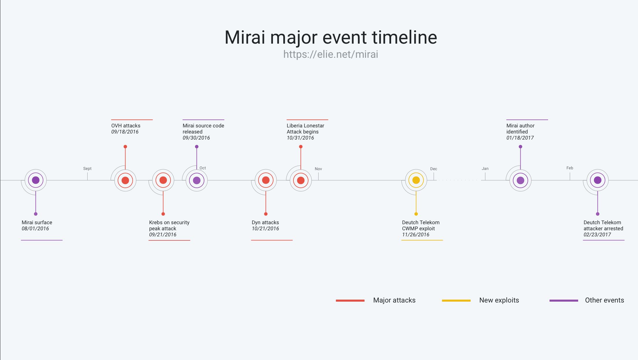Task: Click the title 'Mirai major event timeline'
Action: (x=331, y=37)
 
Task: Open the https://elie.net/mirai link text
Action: (x=331, y=54)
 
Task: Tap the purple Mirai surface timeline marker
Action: (x=36, y=180)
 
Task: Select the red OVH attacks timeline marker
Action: (x=125, y=180)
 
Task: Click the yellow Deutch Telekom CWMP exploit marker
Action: (x=416, y=180)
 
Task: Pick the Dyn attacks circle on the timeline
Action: (x=266, y=180)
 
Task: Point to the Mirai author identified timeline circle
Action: (x=520, y=180)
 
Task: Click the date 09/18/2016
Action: (x=125, y=132)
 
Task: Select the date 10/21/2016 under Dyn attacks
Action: (x=265, y=229)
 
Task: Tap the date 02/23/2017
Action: (x=597, y=235)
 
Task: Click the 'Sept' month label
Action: (x=87, y=168)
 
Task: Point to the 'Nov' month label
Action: (x=318, y=169)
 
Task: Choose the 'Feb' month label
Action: (x=570, y=168)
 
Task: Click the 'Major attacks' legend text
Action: (x=394, y=300)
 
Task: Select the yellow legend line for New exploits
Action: (x=456, y=300)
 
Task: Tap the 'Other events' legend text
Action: (x=604, y=300)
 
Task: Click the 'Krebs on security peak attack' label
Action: (x=169, y=225)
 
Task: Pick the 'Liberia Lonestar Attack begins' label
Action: (x=305, y=129)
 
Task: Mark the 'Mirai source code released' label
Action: (x=203, y=129)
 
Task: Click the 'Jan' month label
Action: (x=485, y=168)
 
